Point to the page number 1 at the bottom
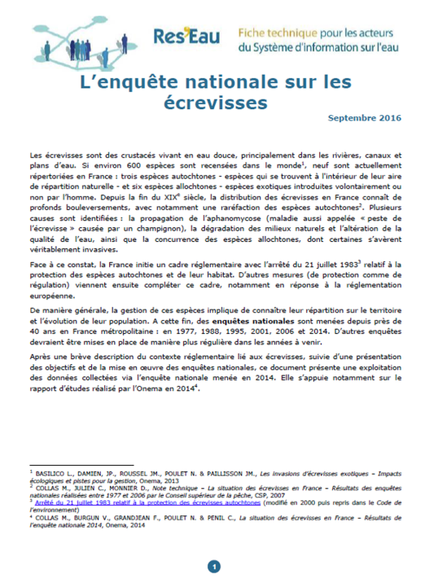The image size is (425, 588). point(213,566)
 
